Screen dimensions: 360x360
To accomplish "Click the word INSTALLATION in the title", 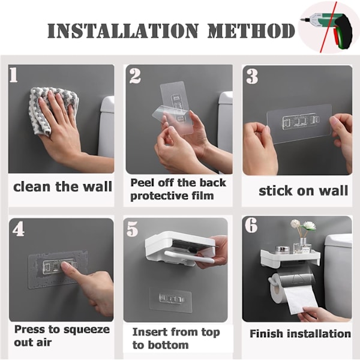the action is click(123, 31).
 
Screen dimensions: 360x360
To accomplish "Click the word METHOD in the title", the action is click(251, 31).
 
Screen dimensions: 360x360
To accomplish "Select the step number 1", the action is click(14, 74).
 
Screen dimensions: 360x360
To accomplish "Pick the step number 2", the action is click(135, 76).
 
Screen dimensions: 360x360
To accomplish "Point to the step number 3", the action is click(252, 76).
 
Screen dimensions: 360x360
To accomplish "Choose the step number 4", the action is click(19, 229).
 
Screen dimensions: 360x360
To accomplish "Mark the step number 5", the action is click(132, 229).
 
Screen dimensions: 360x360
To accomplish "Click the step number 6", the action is click(251, 225).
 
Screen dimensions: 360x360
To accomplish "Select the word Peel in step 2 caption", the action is click(142, 183).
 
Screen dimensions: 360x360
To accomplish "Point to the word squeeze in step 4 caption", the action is click(86, 330).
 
